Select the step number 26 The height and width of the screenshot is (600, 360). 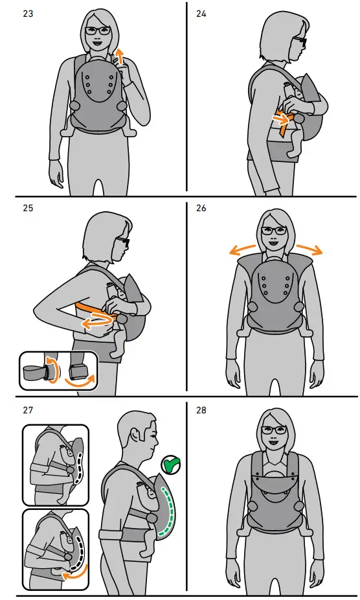coord(201,208)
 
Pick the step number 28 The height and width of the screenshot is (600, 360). coord(201,410)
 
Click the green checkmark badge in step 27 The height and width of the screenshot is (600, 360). coord(171,465)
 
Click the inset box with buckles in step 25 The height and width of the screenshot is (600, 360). coord(58,371)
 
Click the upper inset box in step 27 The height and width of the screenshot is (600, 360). coord(55,465)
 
